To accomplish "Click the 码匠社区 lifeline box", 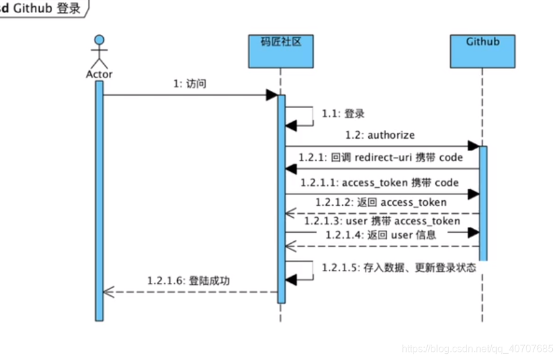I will point(280,51).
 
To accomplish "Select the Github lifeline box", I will point(483,51).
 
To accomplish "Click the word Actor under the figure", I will point(99,74).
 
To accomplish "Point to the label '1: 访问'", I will point(190,84).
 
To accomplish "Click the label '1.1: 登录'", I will point(343,114).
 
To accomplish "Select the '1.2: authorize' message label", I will point(380,134).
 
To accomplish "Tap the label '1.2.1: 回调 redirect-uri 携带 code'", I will point(380,157).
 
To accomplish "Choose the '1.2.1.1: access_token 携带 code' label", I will point(379,182).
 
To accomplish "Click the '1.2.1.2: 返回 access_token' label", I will point(381,202).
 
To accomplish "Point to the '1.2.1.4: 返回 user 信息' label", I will point(381,234).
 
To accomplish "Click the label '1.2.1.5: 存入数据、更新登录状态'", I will point(399,268).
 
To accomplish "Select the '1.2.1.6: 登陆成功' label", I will point(188,280).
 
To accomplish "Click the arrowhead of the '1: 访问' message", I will point(271,95).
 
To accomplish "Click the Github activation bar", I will point(483,202).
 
